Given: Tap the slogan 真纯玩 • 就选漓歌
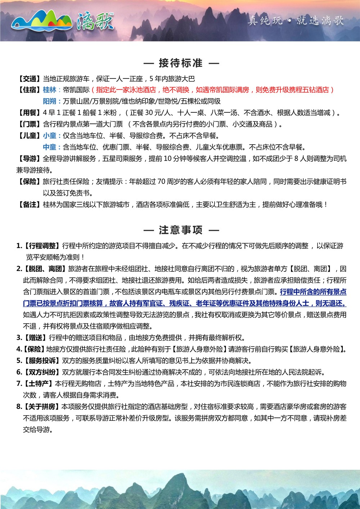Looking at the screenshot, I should click(x=296, y=21).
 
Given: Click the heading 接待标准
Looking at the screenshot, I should click(x=181, y=63).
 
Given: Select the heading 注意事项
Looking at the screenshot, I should click(x=181, y=230).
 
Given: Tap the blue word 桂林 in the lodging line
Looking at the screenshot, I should click(x=50, y=90).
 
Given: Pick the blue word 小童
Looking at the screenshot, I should click(x=50, y=136).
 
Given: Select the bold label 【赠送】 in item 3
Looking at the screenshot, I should click(x=35, y=338).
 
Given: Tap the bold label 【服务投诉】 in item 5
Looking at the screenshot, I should click(x=42, y=361).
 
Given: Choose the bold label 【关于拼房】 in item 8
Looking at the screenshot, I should click(x=42, y=407).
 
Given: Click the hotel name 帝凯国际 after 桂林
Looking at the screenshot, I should click(x=76, y=90).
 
